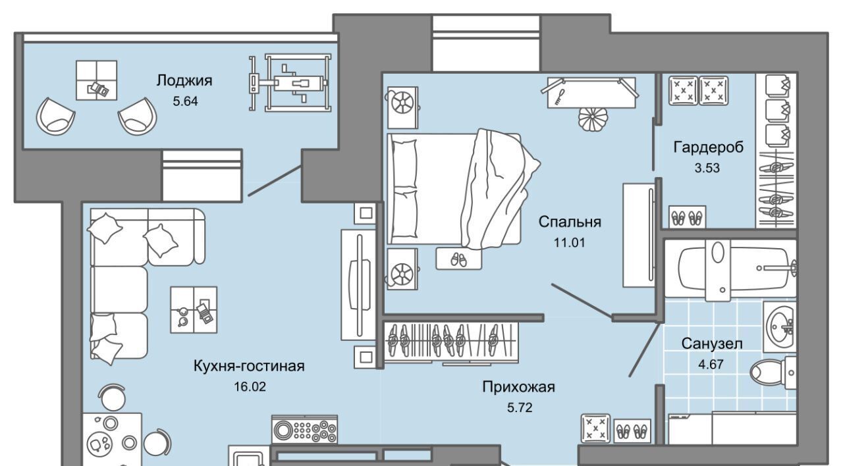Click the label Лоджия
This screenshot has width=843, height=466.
(184, 81)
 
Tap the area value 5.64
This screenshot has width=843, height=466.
(184, 101)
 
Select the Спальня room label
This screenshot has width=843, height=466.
(570, 221)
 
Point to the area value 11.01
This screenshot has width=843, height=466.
(570, 242)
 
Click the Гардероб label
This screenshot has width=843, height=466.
(708, 147)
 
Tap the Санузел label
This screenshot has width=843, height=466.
(712, 343)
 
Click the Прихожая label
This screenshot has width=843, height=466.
(518, 387)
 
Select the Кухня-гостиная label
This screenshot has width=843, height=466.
(249, 366)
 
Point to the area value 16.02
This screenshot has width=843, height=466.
(248, 386)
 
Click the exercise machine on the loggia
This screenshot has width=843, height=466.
(290, 82)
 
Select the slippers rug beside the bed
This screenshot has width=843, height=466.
(458, 259)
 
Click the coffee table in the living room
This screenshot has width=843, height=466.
(194, 307)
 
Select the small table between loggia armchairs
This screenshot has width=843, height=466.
(96, 80)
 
